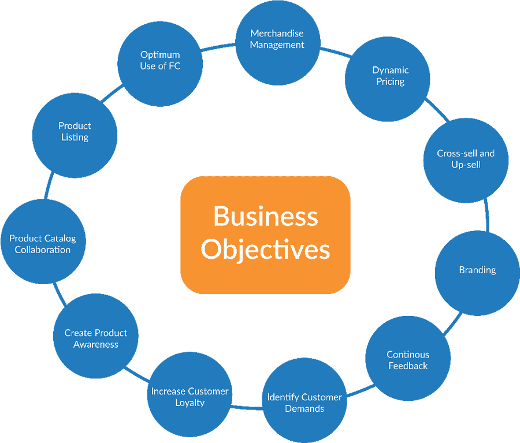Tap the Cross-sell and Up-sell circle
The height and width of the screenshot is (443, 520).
466,159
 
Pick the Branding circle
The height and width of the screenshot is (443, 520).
477,270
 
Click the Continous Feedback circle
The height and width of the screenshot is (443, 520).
408,359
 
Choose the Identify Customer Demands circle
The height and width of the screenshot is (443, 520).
304,403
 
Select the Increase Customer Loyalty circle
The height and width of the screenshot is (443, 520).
190,396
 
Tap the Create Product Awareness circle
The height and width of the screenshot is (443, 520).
96,338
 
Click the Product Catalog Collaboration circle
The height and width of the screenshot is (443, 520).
43,243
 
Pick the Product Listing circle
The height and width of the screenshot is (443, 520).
75,132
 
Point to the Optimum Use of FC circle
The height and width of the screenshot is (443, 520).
160,60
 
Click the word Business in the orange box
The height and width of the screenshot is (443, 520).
265,217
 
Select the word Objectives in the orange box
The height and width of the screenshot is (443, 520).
265,250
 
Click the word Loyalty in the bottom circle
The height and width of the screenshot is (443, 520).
190,403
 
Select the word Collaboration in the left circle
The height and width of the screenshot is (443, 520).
43,250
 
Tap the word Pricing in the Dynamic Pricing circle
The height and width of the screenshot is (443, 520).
391,81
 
